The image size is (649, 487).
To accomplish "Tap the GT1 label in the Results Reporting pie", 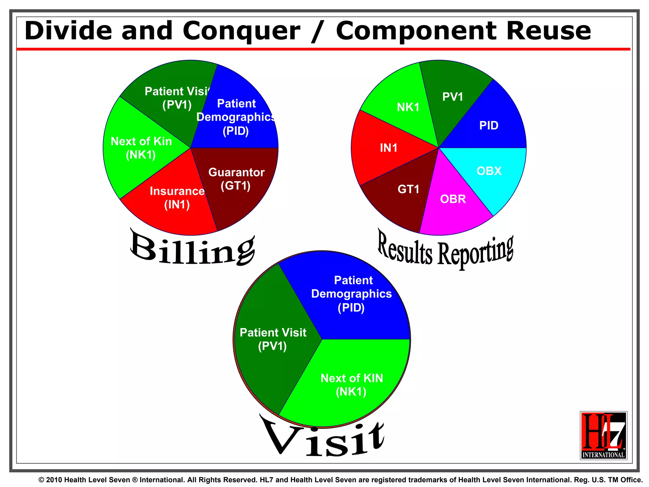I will coord(408,189).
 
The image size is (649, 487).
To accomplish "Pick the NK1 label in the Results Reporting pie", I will coord(408,107).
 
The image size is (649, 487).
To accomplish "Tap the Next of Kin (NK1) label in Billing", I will coord(141,148).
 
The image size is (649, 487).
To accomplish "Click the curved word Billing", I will coord(193,249).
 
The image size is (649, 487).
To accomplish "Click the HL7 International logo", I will coord(603,435).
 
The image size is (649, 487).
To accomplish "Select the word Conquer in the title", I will coord(241,31).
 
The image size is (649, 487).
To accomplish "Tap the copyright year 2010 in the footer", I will coord(54,480).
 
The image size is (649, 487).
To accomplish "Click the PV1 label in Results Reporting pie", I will coord(453,97).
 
